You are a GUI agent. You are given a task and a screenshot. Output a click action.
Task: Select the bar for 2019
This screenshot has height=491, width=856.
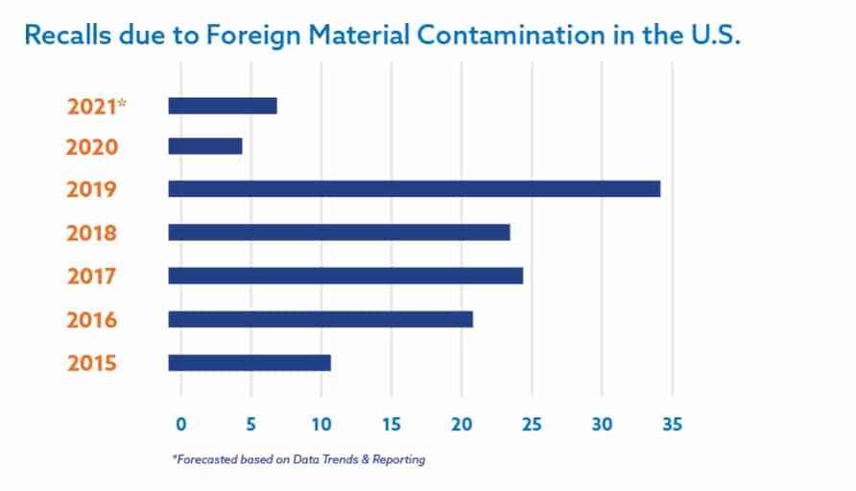414,188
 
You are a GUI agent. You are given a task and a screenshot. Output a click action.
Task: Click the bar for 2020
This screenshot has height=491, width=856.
204,146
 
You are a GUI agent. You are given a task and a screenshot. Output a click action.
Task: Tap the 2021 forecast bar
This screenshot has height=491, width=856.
222,106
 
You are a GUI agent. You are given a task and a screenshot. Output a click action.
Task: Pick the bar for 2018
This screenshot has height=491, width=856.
339,232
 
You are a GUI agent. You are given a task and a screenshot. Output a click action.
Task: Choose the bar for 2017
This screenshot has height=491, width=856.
345,276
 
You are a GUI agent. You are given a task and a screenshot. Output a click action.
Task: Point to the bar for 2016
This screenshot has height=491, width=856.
321,319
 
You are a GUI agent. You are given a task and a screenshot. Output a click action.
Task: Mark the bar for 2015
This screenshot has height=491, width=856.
250,362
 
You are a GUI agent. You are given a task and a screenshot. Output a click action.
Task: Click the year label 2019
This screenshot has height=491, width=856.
92,189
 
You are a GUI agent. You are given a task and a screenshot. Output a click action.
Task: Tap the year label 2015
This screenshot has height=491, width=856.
92,363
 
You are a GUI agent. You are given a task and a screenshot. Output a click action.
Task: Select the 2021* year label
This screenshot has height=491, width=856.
96,107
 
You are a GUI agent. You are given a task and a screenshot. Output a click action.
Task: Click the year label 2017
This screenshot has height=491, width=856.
92,277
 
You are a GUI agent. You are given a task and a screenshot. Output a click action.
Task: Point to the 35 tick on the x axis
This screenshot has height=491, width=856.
672,424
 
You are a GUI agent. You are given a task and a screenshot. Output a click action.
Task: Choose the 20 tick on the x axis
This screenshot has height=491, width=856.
462,424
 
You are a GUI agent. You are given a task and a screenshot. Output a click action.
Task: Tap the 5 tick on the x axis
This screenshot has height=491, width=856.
250,424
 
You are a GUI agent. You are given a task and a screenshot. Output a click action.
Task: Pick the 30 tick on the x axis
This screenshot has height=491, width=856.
602,424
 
